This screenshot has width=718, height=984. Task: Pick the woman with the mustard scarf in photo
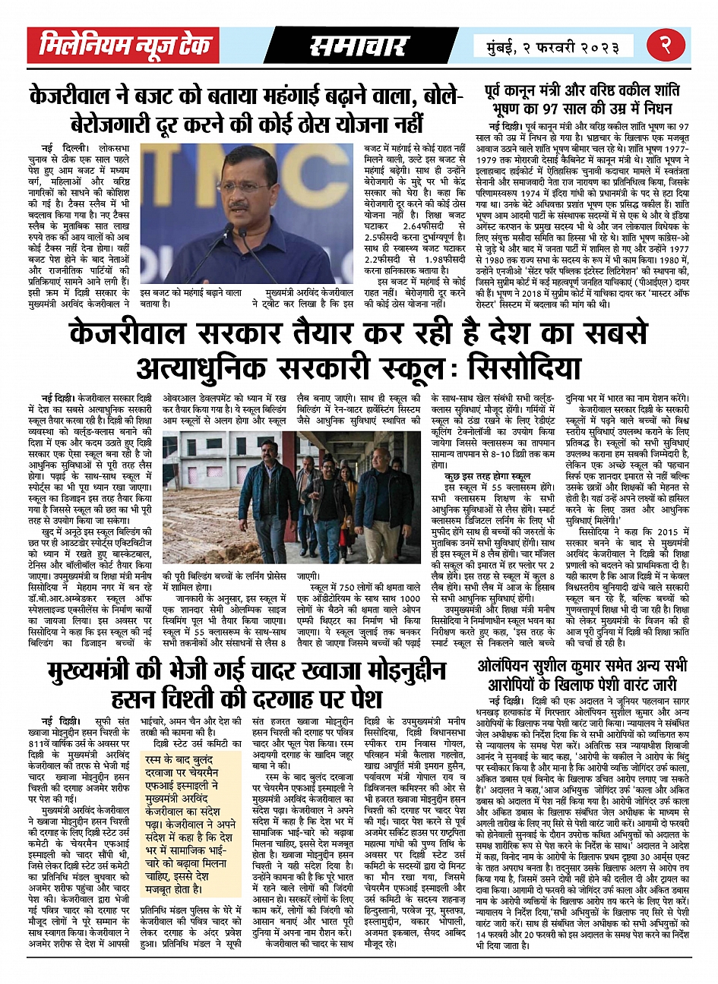click(351, 494)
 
